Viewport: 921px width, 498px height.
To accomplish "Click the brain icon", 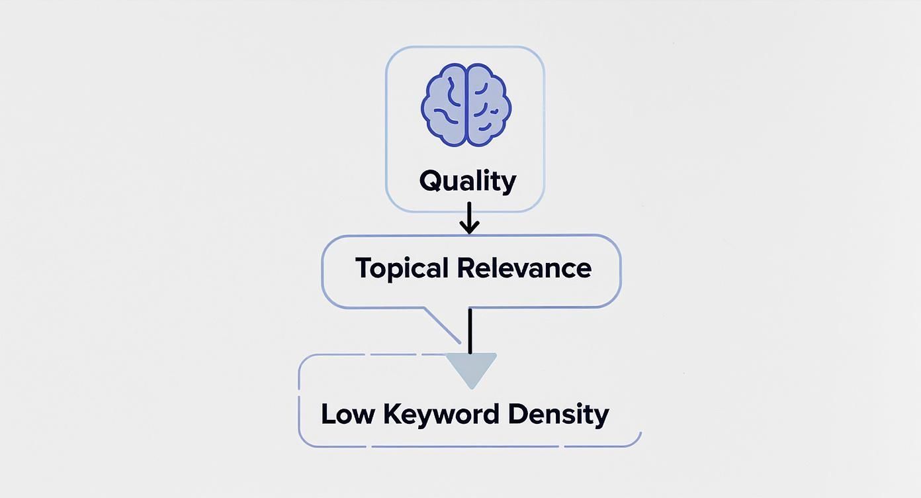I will [466, 105].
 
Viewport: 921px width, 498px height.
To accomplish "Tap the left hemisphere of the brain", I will [445, 105].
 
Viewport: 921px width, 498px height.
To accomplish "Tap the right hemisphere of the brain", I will [489, 105].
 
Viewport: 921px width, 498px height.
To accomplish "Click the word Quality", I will [468, 181].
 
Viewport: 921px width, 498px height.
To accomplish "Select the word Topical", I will [401, 269].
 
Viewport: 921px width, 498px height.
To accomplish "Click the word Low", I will [346, 415].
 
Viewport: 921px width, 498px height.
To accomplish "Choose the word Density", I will [558, 415].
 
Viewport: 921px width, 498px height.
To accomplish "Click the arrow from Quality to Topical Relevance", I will [469, 219].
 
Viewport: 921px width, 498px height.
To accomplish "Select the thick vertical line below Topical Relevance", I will [470, 330].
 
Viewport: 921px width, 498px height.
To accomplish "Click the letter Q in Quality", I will [431, 181].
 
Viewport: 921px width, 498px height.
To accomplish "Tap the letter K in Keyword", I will [393, 414].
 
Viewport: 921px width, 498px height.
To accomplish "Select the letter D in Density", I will [518, 414].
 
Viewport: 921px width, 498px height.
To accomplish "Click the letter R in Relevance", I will [466, 268].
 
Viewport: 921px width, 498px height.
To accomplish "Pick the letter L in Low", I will [328, 414].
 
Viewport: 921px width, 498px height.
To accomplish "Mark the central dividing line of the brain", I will [467, 105].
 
